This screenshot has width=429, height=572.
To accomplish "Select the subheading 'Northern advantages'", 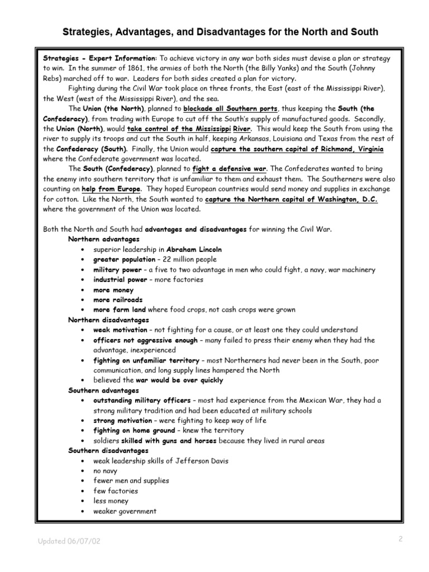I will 100,239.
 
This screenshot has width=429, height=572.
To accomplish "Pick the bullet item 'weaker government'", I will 125,511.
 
